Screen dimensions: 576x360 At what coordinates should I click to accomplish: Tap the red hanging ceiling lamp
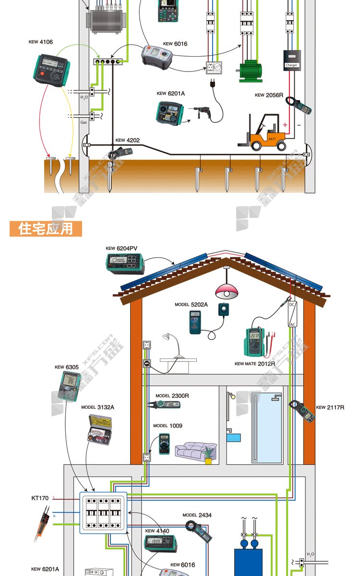[x=226, y=291]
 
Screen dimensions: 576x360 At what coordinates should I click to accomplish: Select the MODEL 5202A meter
[x=195, y=322]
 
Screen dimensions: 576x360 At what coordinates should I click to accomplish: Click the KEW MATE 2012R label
[x=254, y=364]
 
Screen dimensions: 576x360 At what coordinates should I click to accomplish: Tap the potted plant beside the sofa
[x=208, y=455]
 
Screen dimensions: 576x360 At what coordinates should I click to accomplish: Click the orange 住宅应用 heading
[x=46, y=228]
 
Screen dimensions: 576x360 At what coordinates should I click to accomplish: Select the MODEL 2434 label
[x=197, y=515]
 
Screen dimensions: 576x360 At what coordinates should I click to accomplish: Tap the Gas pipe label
[x=84, y=122]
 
